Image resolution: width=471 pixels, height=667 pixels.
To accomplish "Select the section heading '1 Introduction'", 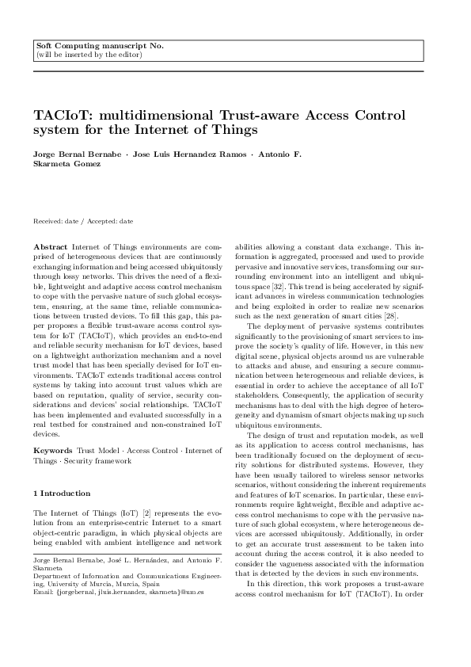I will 64,493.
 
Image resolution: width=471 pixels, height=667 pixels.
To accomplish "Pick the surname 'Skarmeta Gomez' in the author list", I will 66,163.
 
